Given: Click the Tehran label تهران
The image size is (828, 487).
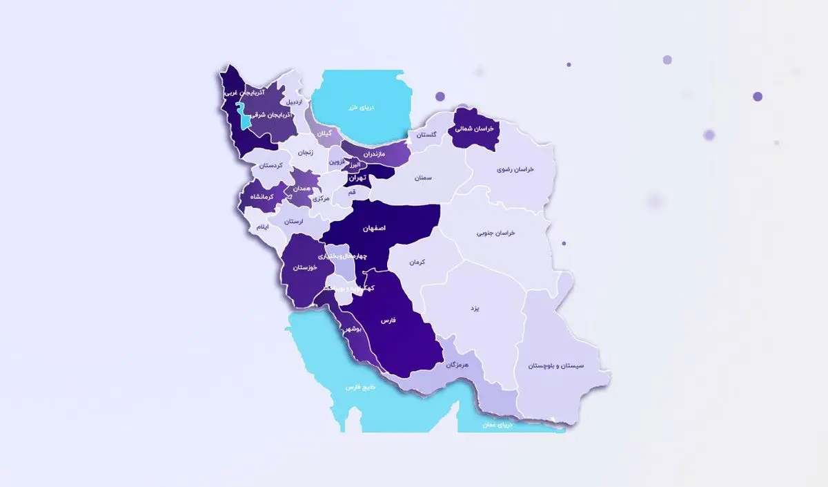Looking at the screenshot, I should [356, 178].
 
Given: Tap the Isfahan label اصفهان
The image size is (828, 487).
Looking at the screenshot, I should [374, 227].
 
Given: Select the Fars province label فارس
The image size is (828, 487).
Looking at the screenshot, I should [388, 321].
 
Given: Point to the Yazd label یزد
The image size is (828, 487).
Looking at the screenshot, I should [475, 309].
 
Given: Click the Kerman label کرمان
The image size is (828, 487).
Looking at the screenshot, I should [417, 262].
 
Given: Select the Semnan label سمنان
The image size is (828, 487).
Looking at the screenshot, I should [423, 178].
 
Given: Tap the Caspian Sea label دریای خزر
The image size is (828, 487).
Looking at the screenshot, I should [359, 106].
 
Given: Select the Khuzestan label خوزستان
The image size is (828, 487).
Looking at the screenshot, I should [304, 267].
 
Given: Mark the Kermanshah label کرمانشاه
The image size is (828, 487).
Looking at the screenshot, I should [262, 197].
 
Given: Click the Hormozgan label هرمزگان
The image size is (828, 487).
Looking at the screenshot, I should [457, 363].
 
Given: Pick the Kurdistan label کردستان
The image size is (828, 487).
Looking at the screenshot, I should [272, 166].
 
